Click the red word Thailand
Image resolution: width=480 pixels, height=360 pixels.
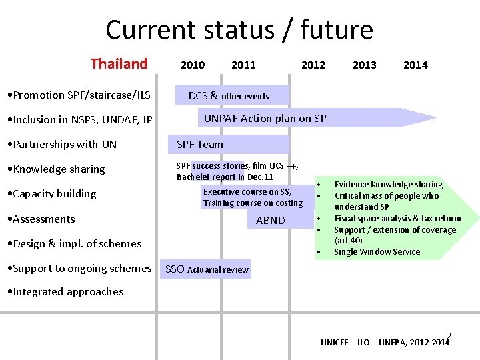point(119,64)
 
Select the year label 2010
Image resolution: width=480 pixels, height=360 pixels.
point(193,65)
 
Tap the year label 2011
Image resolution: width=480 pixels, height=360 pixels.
point(243,65)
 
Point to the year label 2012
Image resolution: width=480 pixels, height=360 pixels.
point(313,65)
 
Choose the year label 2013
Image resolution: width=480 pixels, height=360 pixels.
point(364,65)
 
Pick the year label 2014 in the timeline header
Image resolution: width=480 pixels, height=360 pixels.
point(415,65)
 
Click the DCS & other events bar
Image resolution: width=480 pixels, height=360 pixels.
point(231,95)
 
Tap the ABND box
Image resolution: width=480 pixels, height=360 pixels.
point(270,220)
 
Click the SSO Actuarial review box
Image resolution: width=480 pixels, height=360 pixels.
point(207,269)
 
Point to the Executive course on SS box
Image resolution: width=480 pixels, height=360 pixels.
point(253,197)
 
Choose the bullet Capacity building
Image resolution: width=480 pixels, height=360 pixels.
point(55,194)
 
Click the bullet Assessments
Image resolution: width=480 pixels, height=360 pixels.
point(44,219)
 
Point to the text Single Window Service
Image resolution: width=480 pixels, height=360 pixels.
point(377,252)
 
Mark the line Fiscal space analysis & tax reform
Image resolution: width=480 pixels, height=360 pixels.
point(397,219)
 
